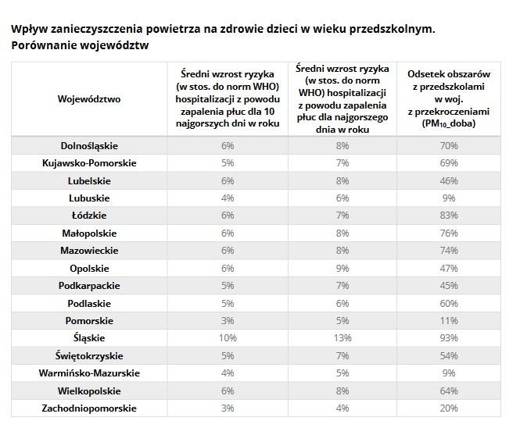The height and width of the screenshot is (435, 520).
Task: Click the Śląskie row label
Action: [89, 338]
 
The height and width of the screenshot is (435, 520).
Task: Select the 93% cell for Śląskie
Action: [449, 338]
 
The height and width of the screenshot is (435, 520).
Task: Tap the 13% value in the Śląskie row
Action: [342, 338]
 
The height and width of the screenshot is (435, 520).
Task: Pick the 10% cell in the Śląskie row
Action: [228, 338]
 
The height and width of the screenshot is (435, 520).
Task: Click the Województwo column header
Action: [89, 98]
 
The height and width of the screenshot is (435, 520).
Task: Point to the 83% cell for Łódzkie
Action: [449, 216]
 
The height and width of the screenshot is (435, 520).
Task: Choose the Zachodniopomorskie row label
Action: [89, 408]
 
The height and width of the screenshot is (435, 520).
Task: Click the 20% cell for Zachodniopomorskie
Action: [449, 408]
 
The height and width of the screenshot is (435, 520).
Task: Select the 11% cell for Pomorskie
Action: [449, 321]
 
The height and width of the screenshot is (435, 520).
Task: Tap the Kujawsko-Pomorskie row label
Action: [89, 163]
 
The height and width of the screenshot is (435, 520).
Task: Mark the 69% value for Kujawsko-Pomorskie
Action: [449, 163]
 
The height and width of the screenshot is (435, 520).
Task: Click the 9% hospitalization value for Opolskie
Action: [342, 269]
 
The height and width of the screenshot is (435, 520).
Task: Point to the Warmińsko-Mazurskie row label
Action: [89, 373]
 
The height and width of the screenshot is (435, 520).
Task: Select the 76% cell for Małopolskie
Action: [449, 234]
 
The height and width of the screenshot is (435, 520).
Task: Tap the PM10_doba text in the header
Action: [449, 123]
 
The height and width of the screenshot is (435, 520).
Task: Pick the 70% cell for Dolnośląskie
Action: [449, 146]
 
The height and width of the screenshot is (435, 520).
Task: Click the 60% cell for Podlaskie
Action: [449, 304]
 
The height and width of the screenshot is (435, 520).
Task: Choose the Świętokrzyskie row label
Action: [89, 356]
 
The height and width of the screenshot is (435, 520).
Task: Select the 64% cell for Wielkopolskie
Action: [449, 391]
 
